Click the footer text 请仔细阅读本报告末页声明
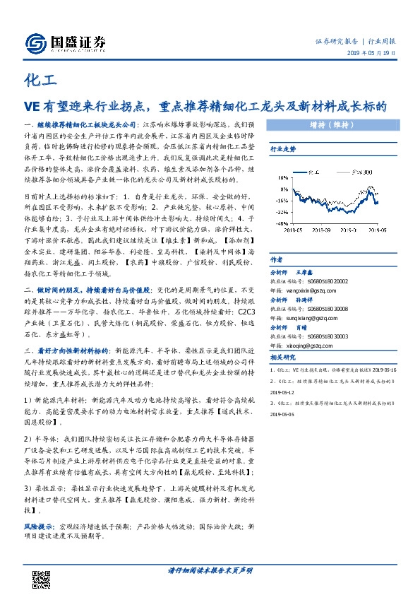(210, 570)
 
